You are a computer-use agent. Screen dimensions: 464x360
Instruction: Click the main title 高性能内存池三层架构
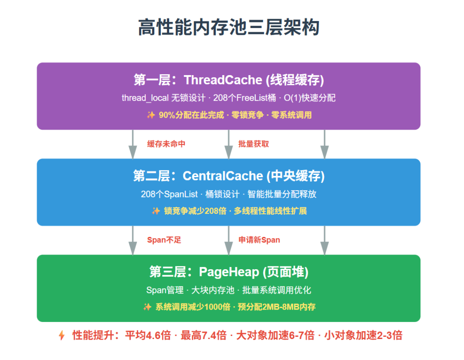pyautogui.click(x=229, y=27)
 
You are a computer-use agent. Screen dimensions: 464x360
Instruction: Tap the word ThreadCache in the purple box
pyautogui.click(x=223, y=80)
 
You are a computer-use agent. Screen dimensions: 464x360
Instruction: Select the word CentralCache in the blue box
pyautogui.click(x=223, y=176)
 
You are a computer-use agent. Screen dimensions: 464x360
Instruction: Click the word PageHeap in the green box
pyautogui.click(x=229, y=272)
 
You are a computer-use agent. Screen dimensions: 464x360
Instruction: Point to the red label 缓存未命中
pyautogui.click(x=166, y=144)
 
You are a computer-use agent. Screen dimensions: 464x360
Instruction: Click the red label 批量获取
pyautogui.click(x=254, y=144)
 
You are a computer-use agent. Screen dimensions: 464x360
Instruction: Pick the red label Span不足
pyautogui.click(x=164, y=240)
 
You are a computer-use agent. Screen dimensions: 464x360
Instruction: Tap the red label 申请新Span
pyautogui.click(x=259, y=240)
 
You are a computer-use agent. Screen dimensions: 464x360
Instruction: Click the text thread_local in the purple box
pyautogui.click(x=145, y=98)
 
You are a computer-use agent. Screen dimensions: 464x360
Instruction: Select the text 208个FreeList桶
pyautogui.click(x=245, y=98)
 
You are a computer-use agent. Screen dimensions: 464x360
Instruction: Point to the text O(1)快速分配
pyautogui.click(x=309, y=98)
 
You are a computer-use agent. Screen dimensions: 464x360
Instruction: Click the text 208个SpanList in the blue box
pyautogui.click(x=169, y=194)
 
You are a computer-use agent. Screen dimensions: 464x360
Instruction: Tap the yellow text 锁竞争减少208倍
pyautogui.click(x=195, y=211)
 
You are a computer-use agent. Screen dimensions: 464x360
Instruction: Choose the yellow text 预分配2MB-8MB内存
pyautogui.click(x=277, y=307)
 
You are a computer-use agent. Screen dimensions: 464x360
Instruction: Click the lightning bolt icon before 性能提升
pyautogui.click(x=61, y=335)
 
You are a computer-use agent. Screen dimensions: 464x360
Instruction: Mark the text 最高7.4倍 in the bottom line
pyautogui.click(x=204, y=335)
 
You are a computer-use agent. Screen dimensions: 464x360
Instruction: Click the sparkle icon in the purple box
pyautogui.click(x=151, y=115)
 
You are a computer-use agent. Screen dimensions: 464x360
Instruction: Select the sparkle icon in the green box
pyautogui.click(x=147, y=307)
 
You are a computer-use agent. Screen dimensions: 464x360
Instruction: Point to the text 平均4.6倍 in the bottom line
pyautogui.click(x=148, y=335)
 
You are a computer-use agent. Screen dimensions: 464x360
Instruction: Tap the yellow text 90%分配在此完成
pyautogui.click(x=191, y=115)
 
